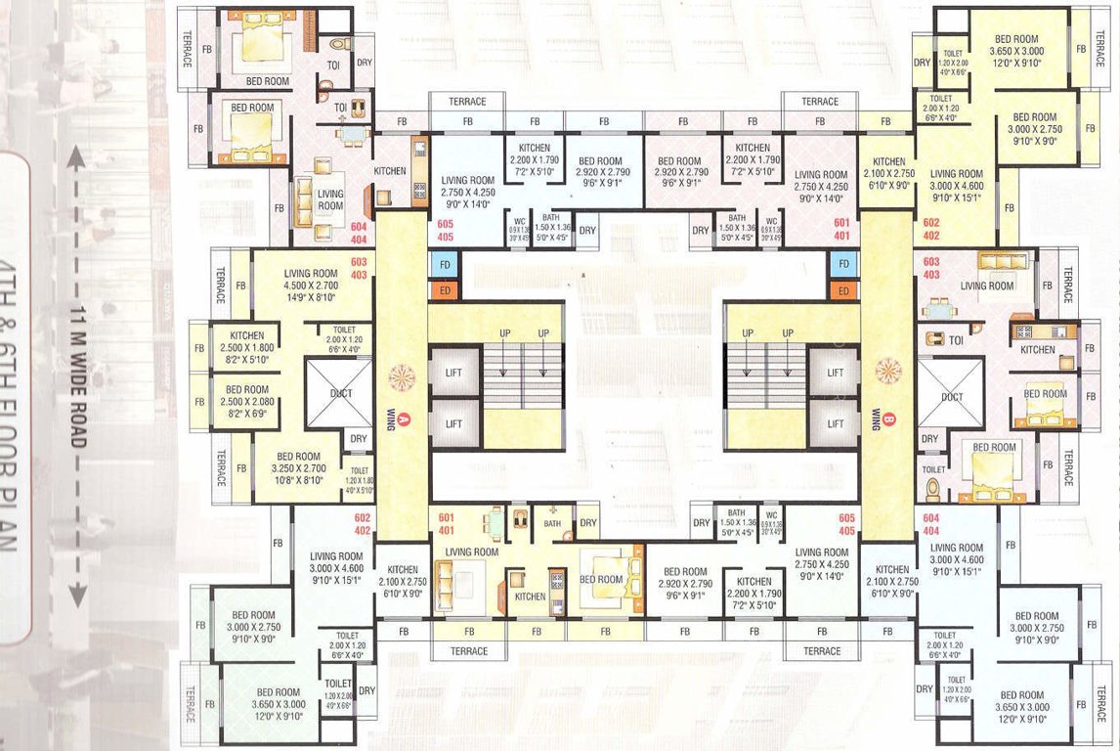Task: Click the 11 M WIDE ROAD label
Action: click(77, 375)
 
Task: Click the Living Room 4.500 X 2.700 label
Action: click(311, 281)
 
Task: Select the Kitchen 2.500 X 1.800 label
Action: click(240, 341)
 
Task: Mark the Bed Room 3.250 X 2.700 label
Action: click(298, 463)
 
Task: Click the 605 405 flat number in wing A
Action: click(447, 231)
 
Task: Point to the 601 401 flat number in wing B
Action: click(841, 229)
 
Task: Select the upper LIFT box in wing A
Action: click(454, 373)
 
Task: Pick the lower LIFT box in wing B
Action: click(835, 423)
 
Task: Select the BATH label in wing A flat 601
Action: click(553, 523)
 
